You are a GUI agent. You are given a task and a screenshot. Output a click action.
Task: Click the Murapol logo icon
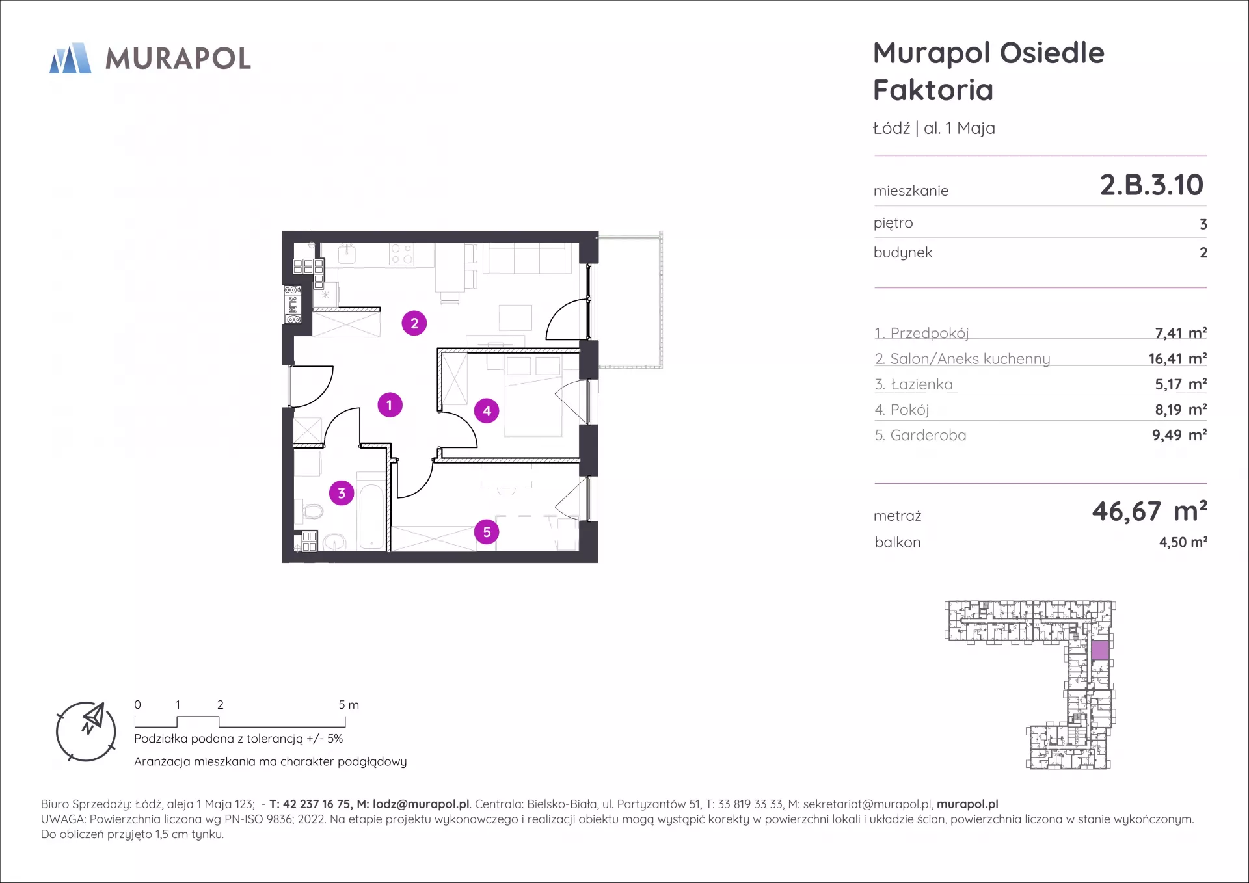(x=70, y=58)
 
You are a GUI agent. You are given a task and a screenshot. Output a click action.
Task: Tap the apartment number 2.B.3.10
(x=1151, y=185)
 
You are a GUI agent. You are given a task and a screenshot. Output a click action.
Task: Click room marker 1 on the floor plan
(x=390, y=405)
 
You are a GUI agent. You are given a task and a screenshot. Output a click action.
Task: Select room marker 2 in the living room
(x=414, y=323)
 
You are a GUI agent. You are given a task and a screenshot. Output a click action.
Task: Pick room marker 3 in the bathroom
(x=342, y=493)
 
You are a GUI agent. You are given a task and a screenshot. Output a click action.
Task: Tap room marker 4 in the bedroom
(x=487, y=411)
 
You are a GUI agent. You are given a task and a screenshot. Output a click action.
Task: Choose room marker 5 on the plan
(x=487, y=532)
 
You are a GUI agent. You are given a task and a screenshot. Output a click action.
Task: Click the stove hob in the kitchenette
(x=401, y=254)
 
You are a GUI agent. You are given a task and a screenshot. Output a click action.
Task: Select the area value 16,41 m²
(x=1177, y=358)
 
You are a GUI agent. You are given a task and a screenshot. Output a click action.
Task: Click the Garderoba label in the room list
(x=928, y=435)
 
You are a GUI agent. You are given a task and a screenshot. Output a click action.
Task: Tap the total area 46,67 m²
(x=1149, y=511)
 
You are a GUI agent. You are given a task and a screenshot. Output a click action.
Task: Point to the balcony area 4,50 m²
(x=1183, y=542)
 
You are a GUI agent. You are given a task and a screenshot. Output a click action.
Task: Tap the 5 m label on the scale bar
(x=349, y=705)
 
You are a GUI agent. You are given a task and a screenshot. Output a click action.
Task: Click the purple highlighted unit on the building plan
(x=1100, y=650)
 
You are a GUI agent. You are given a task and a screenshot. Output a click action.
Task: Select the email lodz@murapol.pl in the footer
(x=421, y=804)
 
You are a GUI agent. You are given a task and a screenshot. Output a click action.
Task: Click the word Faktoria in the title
(x=933, y=90)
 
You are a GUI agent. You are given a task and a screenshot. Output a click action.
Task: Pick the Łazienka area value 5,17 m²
(x=1181, y=384)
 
